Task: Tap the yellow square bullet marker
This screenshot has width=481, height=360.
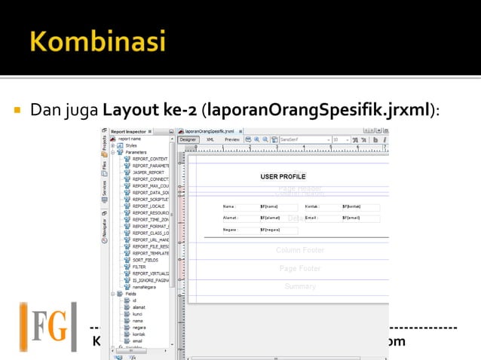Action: coord(15,111)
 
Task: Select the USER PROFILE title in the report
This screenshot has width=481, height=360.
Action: coord(283,176)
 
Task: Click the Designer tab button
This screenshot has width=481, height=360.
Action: coord(188,139)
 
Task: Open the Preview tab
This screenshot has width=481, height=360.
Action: coord(232,139)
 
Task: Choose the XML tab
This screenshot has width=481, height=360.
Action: coord(210,139)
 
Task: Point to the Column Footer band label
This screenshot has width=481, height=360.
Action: coord(299,250)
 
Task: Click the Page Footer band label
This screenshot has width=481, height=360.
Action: coord(299,268)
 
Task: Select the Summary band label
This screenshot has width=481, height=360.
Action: coord(299,286)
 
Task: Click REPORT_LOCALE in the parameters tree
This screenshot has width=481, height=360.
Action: coord(147,206)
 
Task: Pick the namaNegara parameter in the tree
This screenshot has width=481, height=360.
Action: coord(146,286)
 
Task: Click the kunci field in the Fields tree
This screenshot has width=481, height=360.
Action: coord(137,313)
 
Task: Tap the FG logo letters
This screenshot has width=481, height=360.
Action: coord(49,325)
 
